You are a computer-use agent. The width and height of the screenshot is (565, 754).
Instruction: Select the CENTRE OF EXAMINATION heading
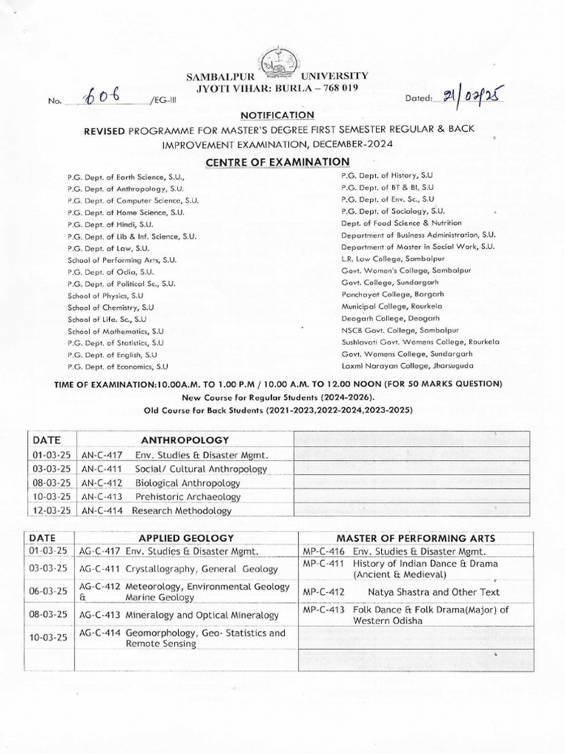pos(282,161)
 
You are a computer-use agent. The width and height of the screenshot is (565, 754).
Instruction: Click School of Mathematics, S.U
pos(116,331)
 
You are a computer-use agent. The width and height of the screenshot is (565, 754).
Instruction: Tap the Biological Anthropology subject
pos(188,483)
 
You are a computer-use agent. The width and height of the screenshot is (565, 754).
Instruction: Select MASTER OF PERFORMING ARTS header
pos(416,538)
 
